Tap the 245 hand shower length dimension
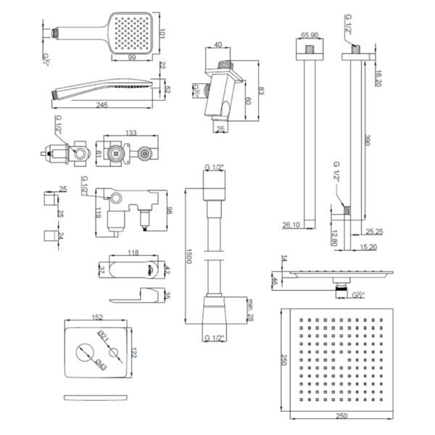(x=99, y=105)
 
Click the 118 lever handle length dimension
(x=133, y=253)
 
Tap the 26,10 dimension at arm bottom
(x=291, y=226)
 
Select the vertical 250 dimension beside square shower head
(x=264, y=360)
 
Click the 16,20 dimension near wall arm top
(x=378, y=78)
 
